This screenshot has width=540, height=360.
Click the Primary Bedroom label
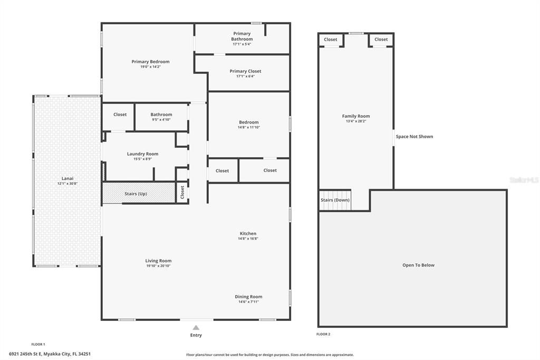tap(150, 62)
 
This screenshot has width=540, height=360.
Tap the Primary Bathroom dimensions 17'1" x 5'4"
tap(242, 44)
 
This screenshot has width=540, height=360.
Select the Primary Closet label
tap(245, 71)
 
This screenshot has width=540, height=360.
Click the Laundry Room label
tap(142, 154)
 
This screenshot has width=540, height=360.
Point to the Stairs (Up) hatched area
tap(138, 193)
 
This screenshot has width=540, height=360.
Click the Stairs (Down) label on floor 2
tap(335, 200)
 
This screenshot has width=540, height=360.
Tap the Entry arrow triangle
tap(196, 328)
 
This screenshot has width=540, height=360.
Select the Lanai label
tap(67, 178)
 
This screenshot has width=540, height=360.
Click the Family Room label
tap(356, 116)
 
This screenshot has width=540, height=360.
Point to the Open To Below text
tap(418, 265)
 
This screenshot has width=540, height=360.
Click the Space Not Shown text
tap(414, 137)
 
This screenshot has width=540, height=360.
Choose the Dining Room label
tap(248, 297)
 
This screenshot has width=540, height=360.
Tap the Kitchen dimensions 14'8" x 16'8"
tap(248, 239)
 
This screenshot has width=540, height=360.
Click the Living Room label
tap(158, 261)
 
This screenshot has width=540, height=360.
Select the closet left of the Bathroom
tap(120, 115)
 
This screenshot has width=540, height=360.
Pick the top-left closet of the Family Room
tap(331, 40)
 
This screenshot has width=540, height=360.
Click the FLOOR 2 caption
tap(323, 334)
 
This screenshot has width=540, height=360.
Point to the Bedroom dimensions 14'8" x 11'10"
tap(249, 127)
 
